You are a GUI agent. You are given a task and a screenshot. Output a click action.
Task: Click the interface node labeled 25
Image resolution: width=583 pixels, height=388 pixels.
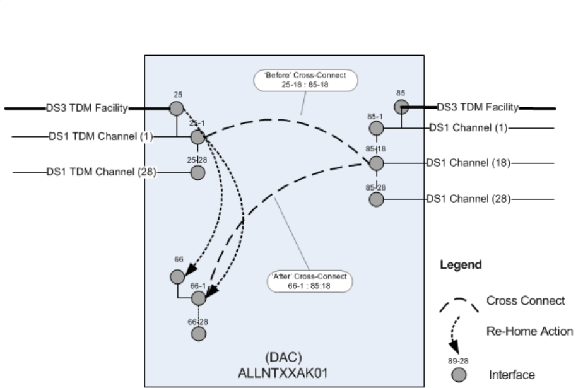177,108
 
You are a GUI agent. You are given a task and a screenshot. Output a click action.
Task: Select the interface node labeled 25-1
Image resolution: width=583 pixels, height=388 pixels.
197,137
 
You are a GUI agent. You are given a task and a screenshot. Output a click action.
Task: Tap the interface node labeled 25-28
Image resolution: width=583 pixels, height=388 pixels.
197,172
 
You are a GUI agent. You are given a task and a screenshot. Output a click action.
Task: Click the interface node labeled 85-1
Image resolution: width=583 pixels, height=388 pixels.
376,129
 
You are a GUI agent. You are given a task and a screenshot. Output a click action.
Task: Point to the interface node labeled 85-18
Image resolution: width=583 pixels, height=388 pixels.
377,164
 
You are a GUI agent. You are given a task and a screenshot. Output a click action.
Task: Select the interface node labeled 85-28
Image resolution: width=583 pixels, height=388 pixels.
377,199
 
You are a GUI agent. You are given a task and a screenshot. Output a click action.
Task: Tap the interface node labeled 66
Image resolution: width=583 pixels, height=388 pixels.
177,276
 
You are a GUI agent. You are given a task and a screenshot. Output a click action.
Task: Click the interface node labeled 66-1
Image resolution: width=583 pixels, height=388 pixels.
199,297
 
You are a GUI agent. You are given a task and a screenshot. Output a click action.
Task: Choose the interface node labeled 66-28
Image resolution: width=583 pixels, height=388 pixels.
198,334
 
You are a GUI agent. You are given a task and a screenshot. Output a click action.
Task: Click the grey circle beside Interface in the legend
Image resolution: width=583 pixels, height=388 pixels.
461,375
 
